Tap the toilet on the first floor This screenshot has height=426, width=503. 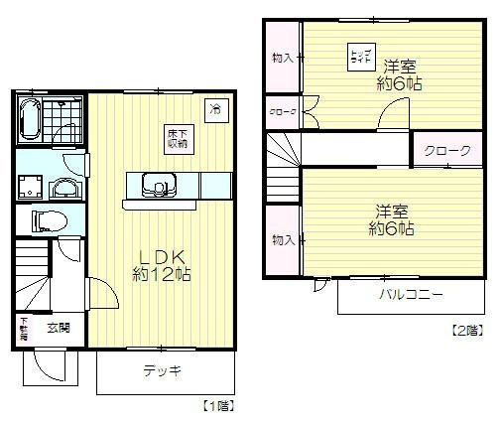click(46, 219)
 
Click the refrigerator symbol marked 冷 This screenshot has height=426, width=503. click(213, 108)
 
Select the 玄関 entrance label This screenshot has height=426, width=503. click(58, 327)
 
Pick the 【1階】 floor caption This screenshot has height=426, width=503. click(218, 405)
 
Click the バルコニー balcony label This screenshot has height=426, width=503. click(409, 295)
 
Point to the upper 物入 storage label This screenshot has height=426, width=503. click(282, 59)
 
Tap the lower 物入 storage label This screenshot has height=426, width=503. click(282, 239)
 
